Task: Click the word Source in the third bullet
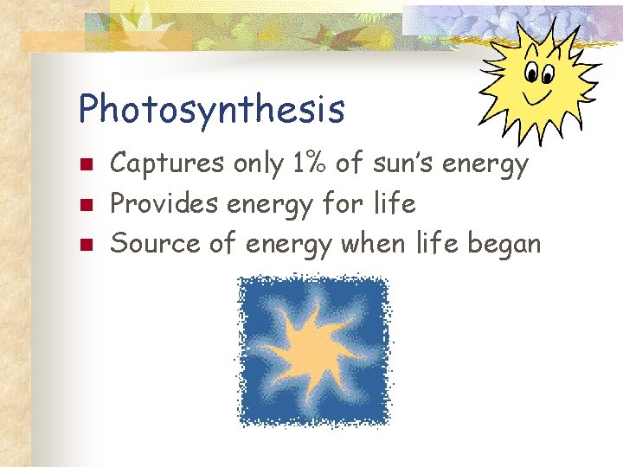click(151, 244)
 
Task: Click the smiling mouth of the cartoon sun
click(543, 91)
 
